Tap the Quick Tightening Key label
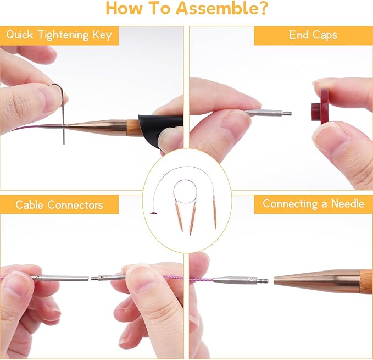click(x=59, y=36)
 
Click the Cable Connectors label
click(x=59, y=205)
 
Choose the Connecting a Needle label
click(x=313, y=204)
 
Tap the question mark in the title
click(x=262, y=9)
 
